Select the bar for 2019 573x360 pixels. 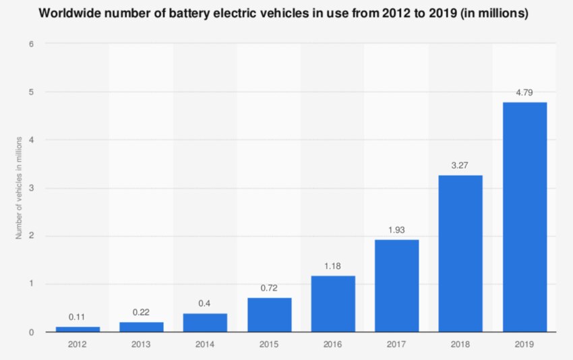(x=524, y=216)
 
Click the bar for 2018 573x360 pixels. (x=460, y=253)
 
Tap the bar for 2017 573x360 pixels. (x=397, y=285)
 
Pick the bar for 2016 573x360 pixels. (x=333, y=303)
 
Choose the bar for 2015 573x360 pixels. (x=270, y=314)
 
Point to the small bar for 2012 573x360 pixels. (x=78, y=329)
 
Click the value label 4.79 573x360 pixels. (x=524, y=91)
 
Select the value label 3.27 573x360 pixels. (x=460, y=164)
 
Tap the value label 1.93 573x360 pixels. (x=397, y=229)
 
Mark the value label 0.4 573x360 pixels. (x=205, y=303)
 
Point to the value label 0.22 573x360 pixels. (x=142, y=311)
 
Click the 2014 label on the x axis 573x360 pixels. (x=205, y=345)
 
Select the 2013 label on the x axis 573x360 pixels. (x=142, y=345)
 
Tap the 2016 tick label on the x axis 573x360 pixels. (x=333, y=345)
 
